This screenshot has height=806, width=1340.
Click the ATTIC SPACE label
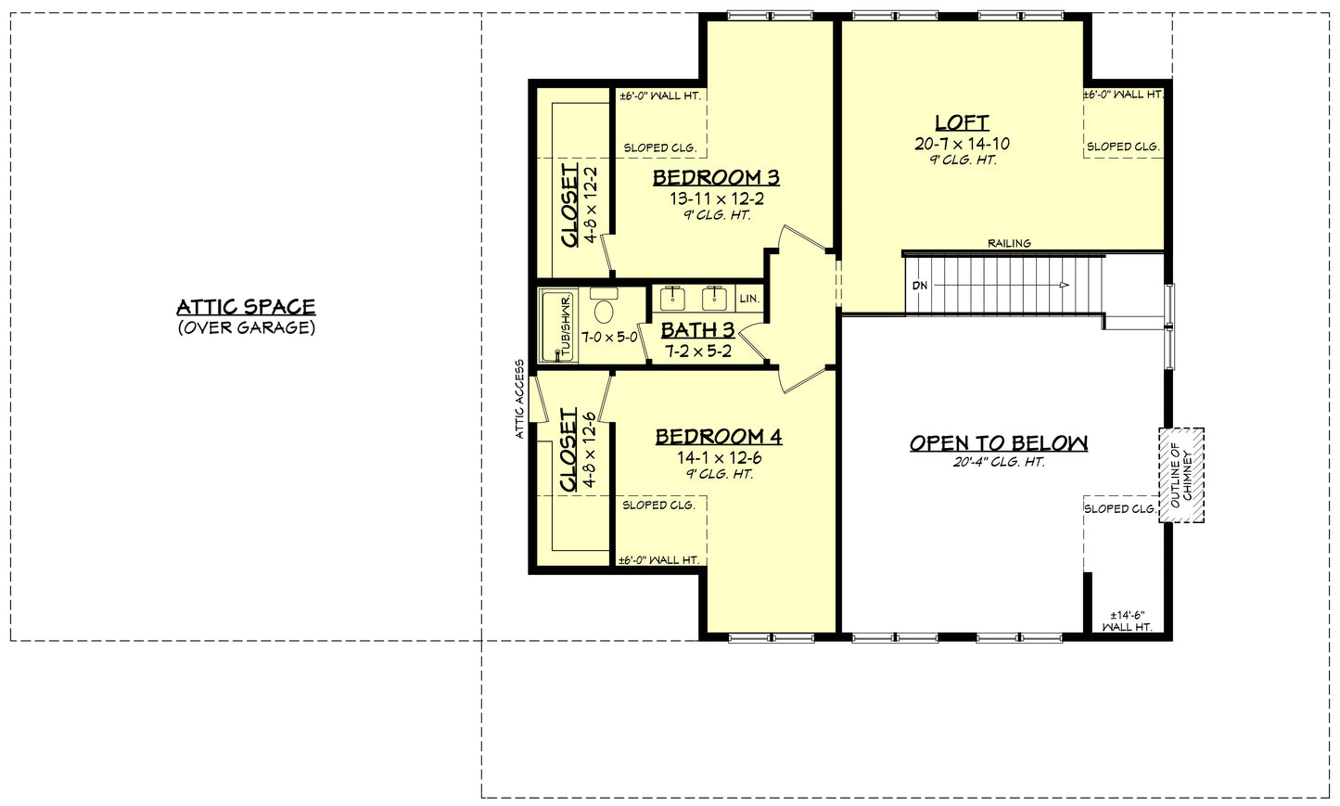point(246,307)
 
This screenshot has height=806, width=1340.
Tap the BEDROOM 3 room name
point(716,177)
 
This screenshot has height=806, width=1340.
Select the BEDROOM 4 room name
point(719,436)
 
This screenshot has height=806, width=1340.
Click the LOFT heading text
point(962,122)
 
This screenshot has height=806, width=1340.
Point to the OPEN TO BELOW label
point(998,442)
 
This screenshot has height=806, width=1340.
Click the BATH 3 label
point(697,329)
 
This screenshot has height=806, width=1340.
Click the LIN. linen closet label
point(749,300)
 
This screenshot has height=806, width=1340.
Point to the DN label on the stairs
point(920,286)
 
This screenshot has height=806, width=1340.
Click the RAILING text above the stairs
point(1009,244)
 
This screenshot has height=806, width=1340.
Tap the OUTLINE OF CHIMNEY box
point(1180,475)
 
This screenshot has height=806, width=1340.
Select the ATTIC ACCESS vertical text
point(520,399)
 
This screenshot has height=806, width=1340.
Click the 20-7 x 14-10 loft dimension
point(962,144)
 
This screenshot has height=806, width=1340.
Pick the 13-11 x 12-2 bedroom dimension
point(716,198)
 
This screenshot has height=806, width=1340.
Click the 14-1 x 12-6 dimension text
point(719,457)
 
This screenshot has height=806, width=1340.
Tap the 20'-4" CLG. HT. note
point(998,462)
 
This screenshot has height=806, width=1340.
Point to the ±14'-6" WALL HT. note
point(1128,620)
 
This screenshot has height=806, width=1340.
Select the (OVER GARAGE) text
point(246,327)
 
